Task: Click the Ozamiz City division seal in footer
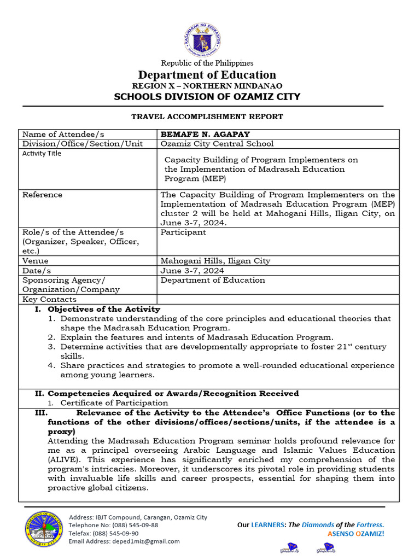click(x=42, y=529)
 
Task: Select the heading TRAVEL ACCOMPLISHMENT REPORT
click(x=207, y=116)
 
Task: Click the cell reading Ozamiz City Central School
click(x=217, y=144)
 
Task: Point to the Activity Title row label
click(x=42, y=154)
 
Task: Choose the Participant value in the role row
click(x=183, y=232)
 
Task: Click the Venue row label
click(x=35, y=261)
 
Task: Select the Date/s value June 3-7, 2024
click(x=192, y=271)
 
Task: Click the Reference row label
click(x=42, y=195)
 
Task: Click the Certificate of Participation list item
click(x=114, y=403)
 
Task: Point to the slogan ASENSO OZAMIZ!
click(x=355, y=533)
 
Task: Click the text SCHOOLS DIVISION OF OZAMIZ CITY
click(x=207, y=97)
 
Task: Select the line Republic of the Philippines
click(x=207, y=63)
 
